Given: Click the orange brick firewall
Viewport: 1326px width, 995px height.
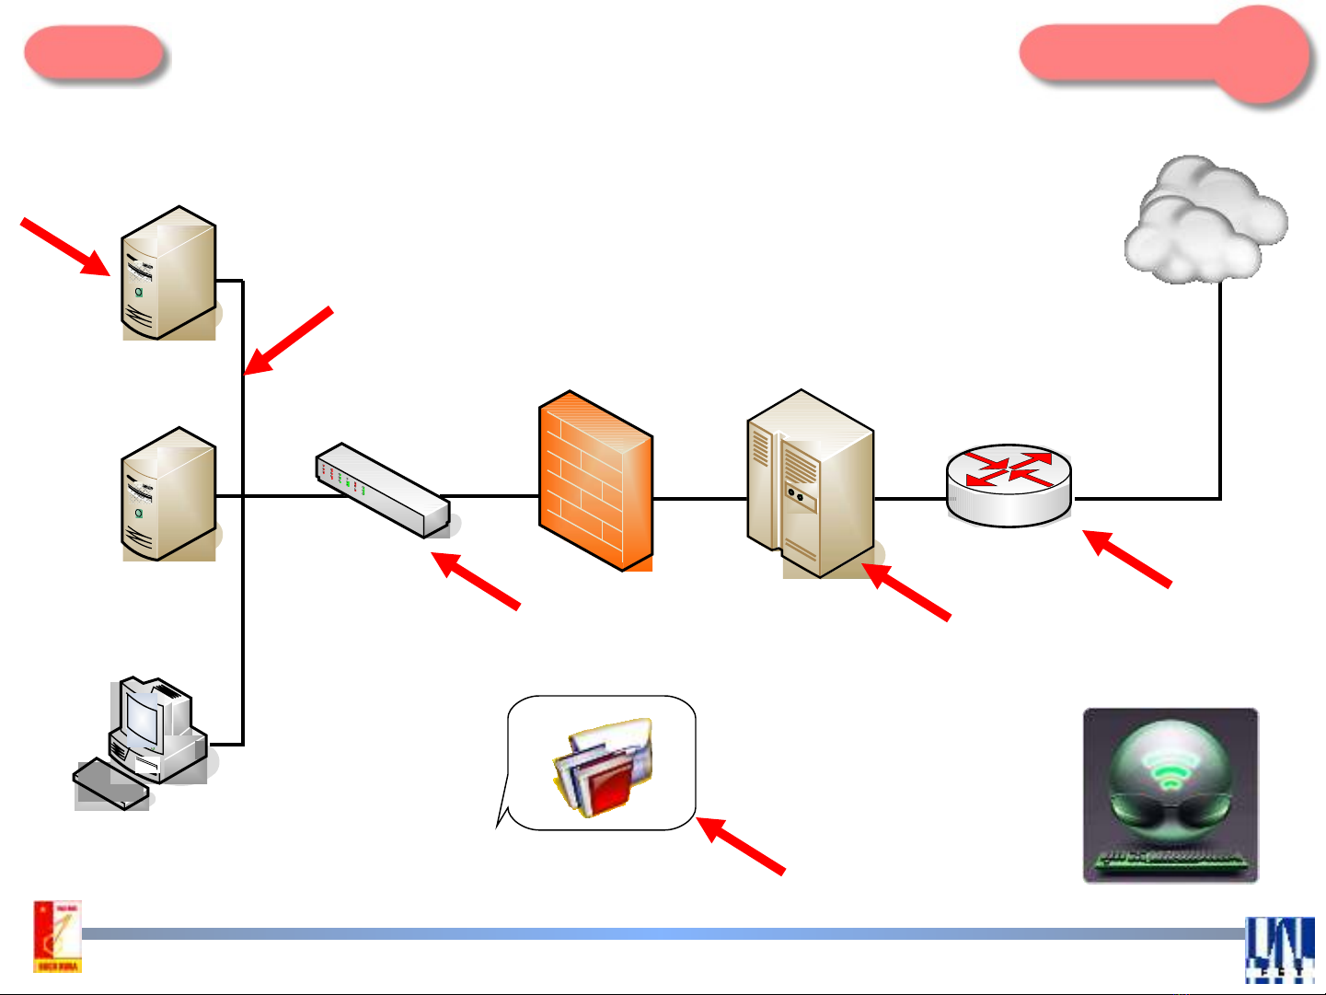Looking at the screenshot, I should point(595,480).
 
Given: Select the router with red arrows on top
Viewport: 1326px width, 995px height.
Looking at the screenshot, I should point(1009,485).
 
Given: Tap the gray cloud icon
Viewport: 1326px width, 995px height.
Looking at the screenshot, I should point(1205,221).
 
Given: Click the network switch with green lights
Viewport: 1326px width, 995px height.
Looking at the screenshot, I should point(383,490).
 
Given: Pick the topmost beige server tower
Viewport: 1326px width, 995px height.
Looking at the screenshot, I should point(169,273).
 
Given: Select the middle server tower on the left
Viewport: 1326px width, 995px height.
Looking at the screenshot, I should point(169,494).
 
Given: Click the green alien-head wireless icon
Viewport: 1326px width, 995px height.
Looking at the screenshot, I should point(1170,795).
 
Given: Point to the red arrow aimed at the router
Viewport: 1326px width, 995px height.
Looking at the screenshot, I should point(1127,558).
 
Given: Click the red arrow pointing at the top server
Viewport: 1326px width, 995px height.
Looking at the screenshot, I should point(64,246).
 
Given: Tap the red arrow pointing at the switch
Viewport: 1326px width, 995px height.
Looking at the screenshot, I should point(476,580).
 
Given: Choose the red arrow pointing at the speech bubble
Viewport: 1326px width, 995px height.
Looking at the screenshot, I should point(741,845).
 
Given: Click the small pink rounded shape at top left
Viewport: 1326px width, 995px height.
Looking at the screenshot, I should point(93,52).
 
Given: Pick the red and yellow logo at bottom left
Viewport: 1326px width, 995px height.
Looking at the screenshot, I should point(58,936).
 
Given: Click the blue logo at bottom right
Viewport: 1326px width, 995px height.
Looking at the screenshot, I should point(1280,950).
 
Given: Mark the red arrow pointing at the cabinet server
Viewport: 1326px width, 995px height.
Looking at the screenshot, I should point(906,592).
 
